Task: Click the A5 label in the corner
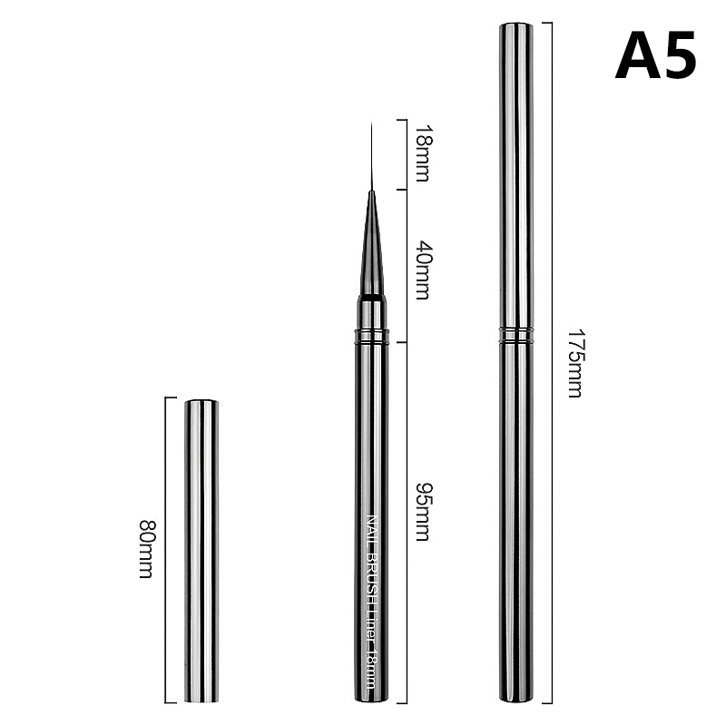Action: point(655,55)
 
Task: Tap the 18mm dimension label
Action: point(422,152)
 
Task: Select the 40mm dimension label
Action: point(422,270)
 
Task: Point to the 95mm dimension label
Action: point(422,512)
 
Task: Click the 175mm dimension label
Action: point(574,364)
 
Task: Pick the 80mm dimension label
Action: point(146,549)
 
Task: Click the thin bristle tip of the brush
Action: point(371,156)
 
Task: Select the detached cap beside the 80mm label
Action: point(201,550)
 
